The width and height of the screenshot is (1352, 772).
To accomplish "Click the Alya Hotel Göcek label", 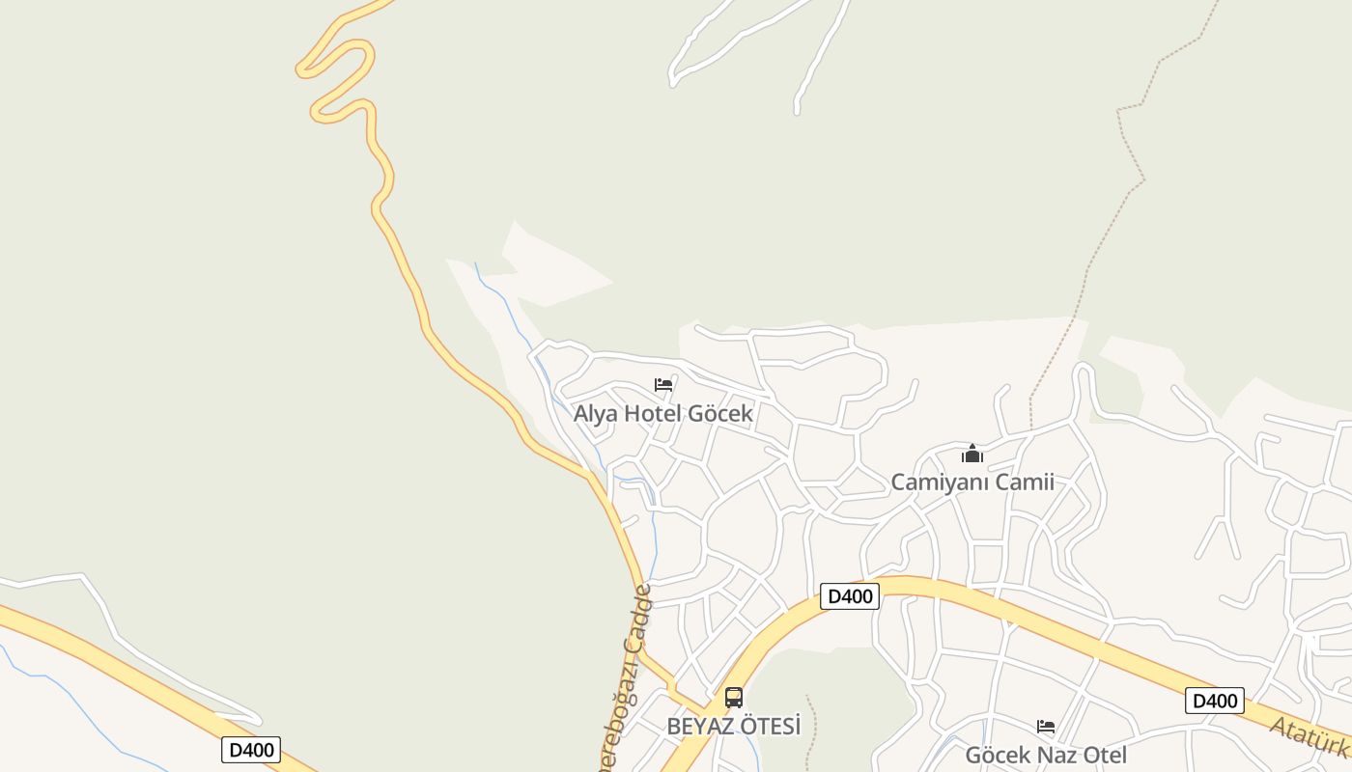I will point(662,414).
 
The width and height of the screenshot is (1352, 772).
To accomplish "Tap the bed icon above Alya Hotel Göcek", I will point(663,385).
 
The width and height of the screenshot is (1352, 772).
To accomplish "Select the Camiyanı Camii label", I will point(972,482).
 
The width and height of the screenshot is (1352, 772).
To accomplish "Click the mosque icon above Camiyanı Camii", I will point(972,454).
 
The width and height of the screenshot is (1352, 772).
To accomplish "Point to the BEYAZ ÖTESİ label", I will point(734,727).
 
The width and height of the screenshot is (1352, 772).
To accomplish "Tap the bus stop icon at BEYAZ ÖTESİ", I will point(734,698).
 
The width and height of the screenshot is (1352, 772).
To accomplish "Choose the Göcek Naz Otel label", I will point(1045,755).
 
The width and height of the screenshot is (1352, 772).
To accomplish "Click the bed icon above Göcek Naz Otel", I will point(1046,727).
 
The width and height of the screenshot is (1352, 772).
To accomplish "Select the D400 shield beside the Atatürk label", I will point(1214,702).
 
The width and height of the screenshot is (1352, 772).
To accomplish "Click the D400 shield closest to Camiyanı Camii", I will point(850,596).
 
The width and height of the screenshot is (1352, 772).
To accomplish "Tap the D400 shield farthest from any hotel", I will point(250,750).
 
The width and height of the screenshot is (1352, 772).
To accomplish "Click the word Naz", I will point(1046,755).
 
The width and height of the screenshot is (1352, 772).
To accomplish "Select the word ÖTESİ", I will point(769,727).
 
